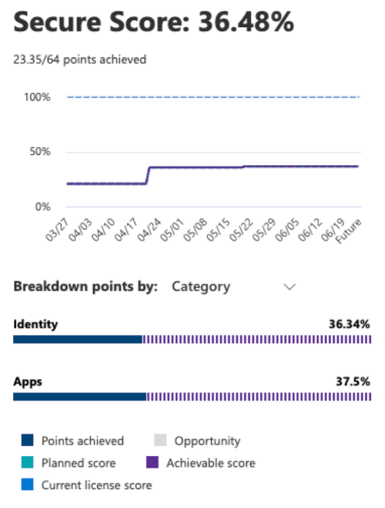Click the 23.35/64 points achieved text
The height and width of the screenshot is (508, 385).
(x=80, y=60)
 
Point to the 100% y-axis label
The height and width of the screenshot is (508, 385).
(x=37, y=97)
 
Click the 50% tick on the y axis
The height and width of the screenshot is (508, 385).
(x=40, y=152)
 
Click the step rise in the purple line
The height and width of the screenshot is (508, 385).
(x=147, y=175)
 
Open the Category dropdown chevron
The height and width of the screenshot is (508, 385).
(x=289, y=287)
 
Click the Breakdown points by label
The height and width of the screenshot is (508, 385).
(x=86, y=286)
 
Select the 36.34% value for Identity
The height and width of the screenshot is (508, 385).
(x=349, y=324)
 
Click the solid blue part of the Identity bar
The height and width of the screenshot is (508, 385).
(x=78, y=340)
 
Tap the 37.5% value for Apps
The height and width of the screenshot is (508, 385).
(x=353, y=382)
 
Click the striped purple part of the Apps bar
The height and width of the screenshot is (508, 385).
(x=258, y=397)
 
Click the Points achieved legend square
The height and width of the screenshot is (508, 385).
(x=27, y=441)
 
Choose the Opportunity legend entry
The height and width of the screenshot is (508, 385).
(x=207, y=441)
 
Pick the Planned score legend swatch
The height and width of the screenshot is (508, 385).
(x=27, y=463)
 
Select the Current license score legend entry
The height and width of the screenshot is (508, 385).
(x=96, y=485)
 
